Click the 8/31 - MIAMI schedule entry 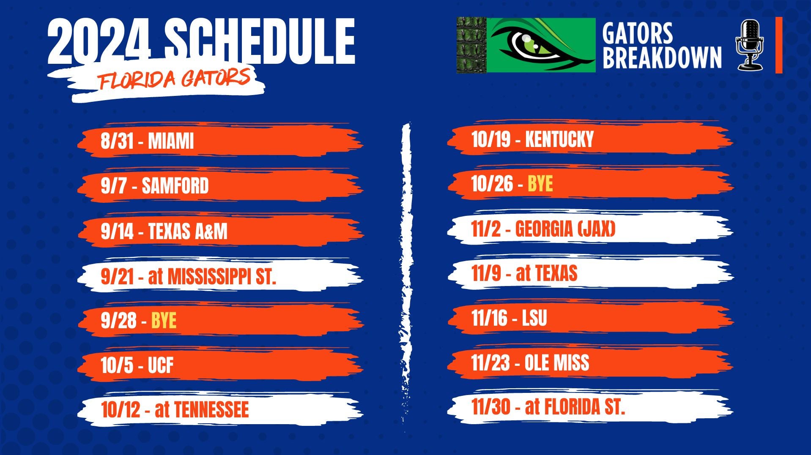coord(147,141)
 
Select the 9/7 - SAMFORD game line coord(155,186)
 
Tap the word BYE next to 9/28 coord(164,321)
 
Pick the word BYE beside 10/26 coord(540,184)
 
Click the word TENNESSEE coord(211,409)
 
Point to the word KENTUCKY coord(559,139)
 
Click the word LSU coord(534,318)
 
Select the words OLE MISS coord(557,363)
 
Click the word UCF coord(161,365)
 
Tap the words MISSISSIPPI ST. coord(222,276)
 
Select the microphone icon coord(750,45)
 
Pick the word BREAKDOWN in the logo coord(662,57)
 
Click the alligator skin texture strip coord(471,45)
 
